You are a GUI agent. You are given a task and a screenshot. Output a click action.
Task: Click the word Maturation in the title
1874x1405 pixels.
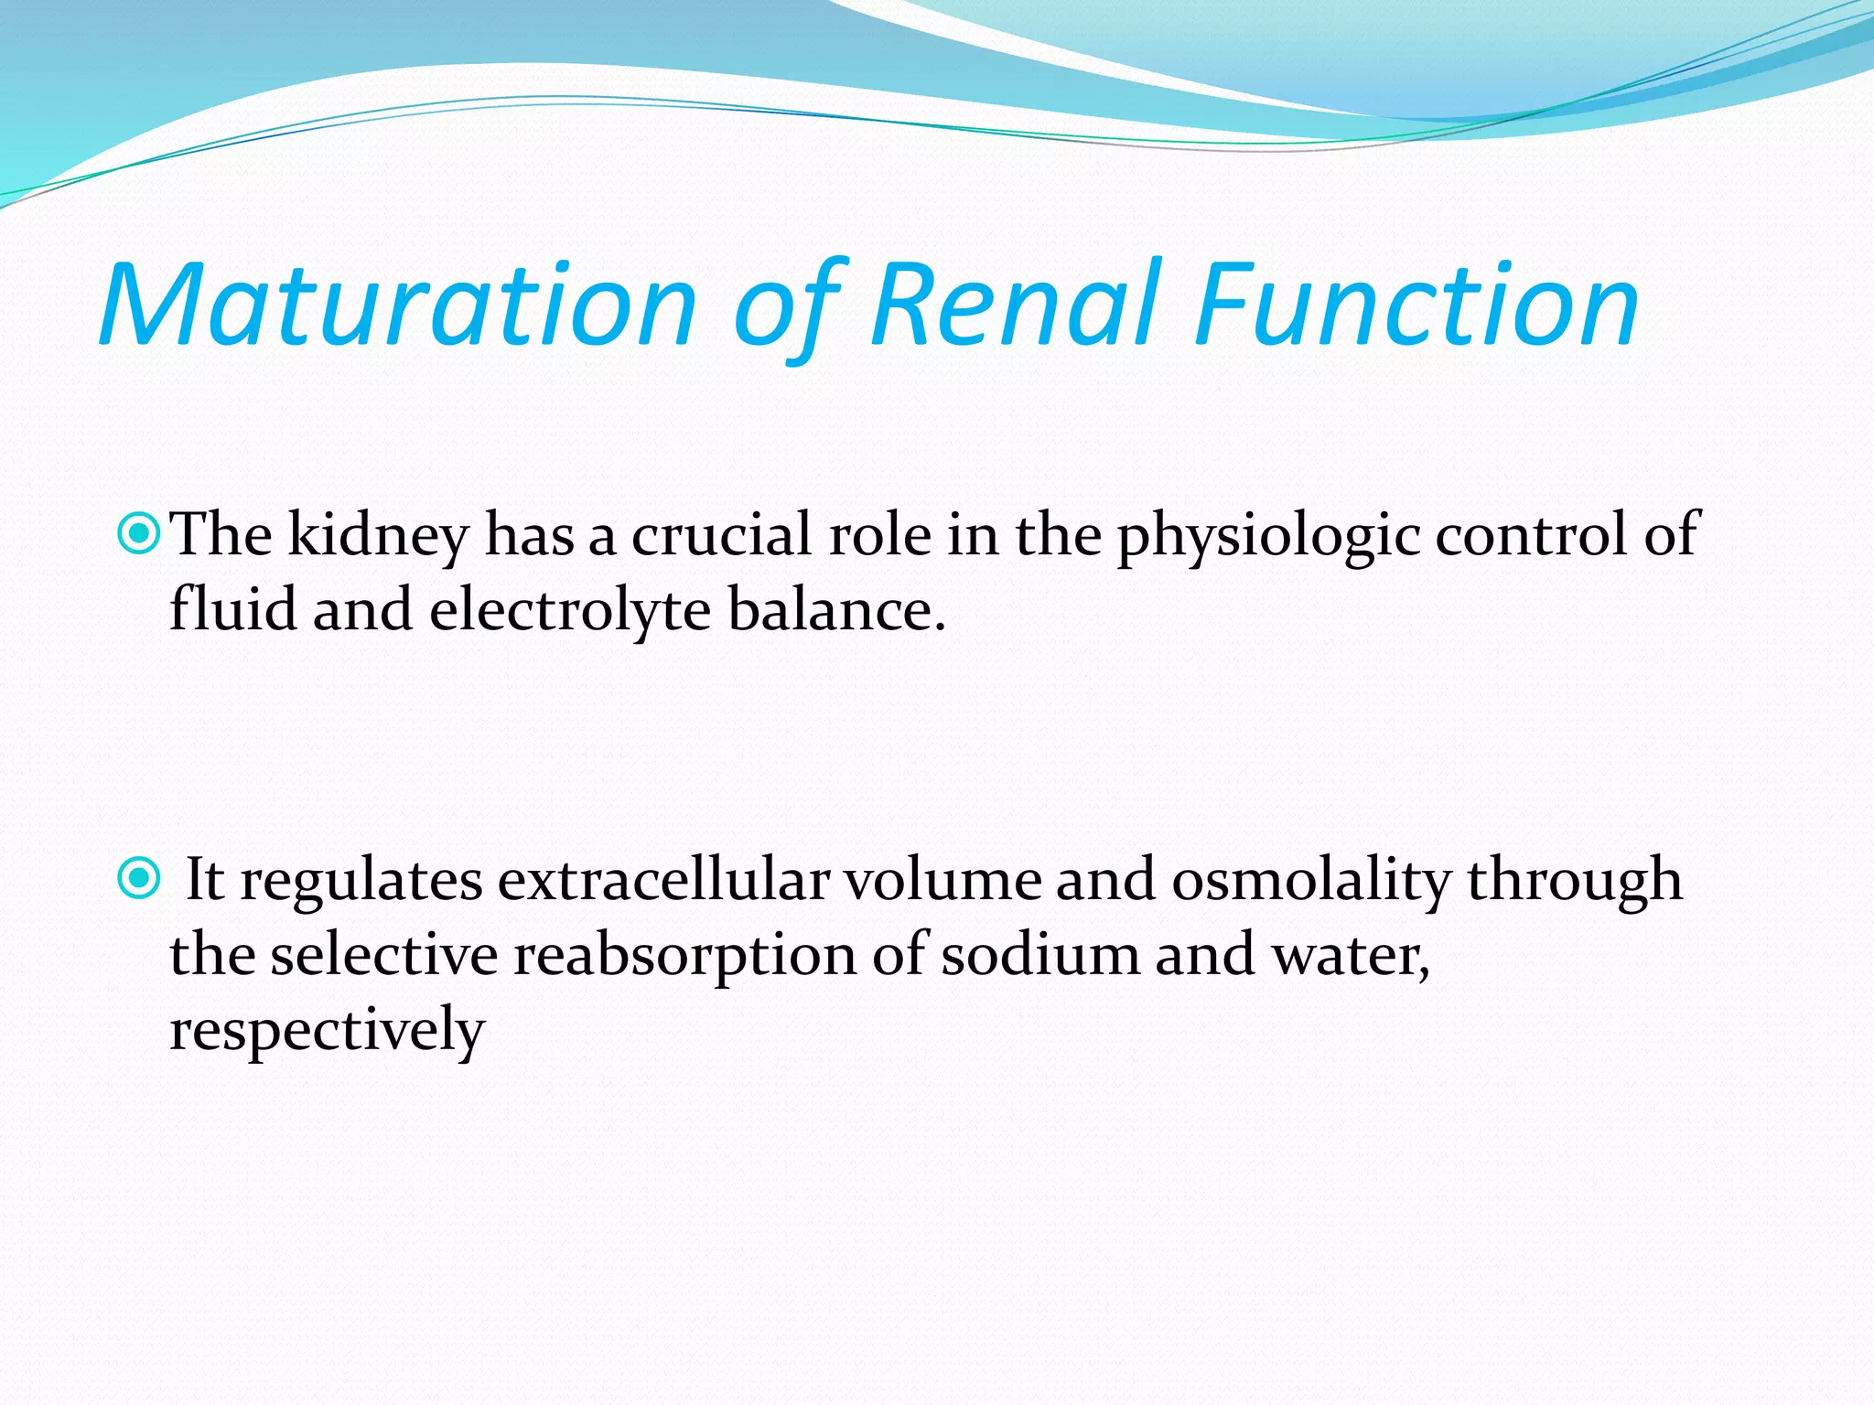(399, 306)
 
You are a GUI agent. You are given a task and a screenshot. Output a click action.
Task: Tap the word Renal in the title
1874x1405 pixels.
(1016, 306)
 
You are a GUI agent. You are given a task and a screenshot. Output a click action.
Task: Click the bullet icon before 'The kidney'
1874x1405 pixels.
(139, 533)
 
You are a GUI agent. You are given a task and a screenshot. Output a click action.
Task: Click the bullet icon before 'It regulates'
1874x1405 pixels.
(139, 879)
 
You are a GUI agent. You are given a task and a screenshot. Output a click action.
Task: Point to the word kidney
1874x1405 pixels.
(378, 535)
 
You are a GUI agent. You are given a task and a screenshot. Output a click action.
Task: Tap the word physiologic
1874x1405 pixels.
(1267, 535)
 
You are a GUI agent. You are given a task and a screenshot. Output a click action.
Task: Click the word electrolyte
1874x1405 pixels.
(570, 610)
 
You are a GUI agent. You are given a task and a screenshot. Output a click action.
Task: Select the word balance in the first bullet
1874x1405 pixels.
(835, 610)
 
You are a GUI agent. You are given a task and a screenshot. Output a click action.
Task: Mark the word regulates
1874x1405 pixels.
(361, 881)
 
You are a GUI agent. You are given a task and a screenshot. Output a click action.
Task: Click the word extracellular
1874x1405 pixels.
(663, 881)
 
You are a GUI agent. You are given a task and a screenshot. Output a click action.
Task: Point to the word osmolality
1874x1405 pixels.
(1310, 881)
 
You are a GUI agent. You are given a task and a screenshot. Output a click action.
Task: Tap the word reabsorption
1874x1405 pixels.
(684, 956)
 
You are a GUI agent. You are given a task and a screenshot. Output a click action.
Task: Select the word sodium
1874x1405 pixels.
(1040, 956)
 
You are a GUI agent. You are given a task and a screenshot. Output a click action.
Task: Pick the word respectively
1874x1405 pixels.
(327, 1031)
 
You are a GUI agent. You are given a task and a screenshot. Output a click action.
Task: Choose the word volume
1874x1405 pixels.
(942, 881)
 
